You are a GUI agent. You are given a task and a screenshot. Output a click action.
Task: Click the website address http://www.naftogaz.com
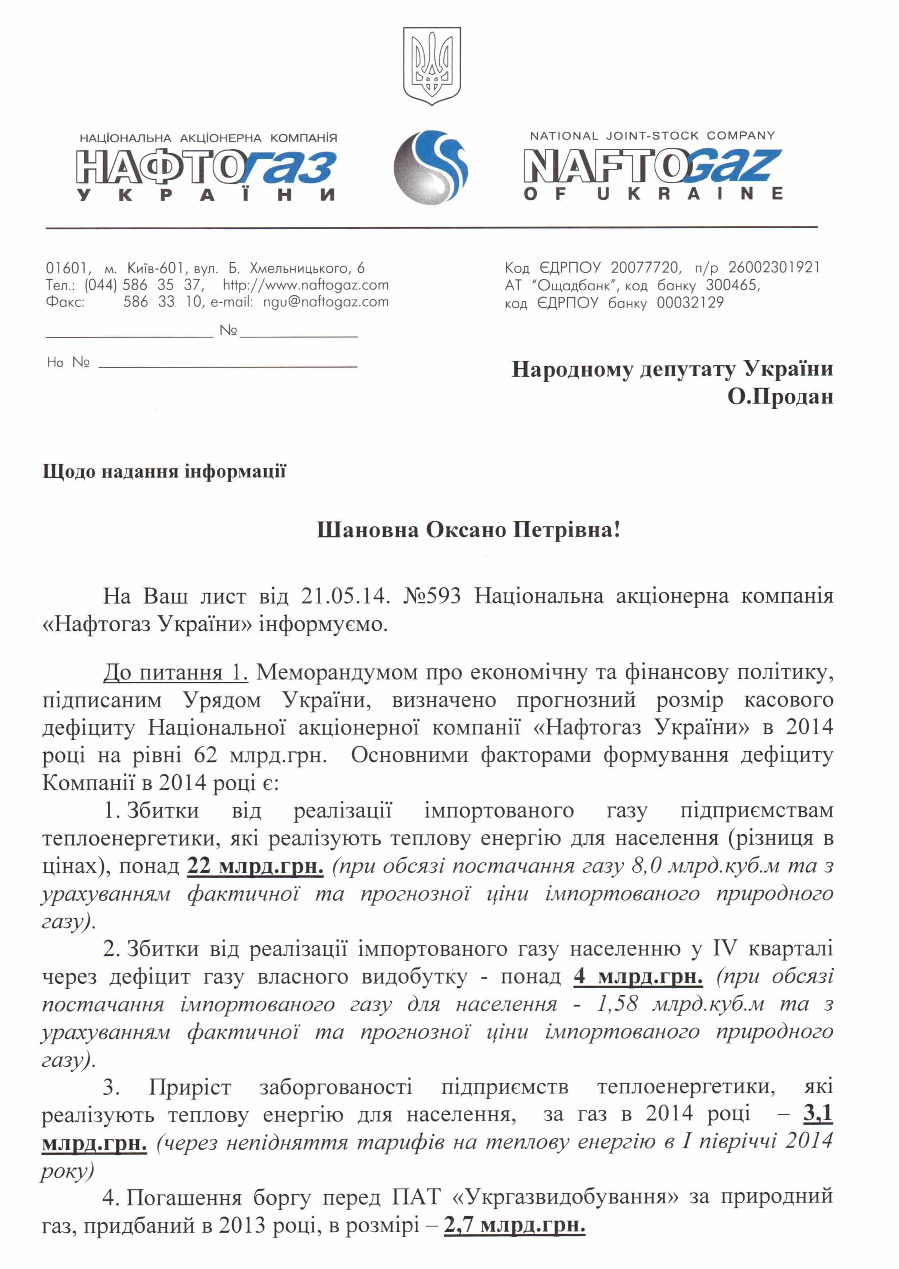point(306,285)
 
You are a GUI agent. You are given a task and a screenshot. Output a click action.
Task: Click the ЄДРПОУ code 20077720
point(644,268)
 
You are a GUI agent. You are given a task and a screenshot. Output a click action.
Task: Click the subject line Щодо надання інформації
point(164,471)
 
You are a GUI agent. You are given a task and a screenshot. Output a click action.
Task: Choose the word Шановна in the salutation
point(365,530)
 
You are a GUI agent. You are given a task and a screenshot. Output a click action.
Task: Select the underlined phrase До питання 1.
point(176,673)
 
